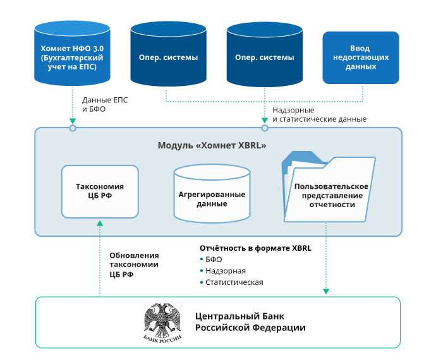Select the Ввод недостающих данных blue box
coord(361,57)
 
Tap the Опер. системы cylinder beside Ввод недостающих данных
coord(264,56)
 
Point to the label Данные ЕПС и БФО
coord(100,104)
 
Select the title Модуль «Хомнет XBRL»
coord(212,145)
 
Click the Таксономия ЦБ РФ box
coord(100,191)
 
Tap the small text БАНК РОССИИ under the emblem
coord(162,339)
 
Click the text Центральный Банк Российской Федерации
coord(250,322)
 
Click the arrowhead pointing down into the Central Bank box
coord(326,291)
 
